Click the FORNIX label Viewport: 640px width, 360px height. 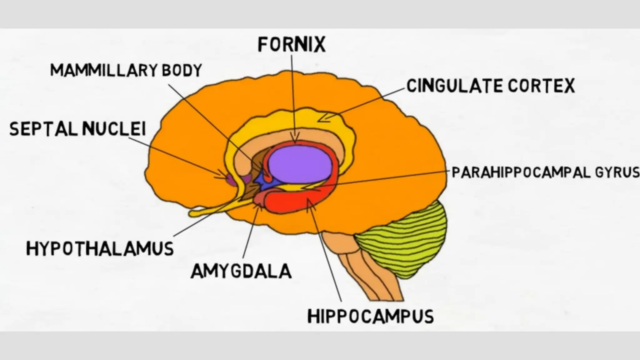[x=292, y=45]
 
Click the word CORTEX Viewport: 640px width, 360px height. [x=542, y=86]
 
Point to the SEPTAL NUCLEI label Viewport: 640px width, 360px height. [x=77, y=129]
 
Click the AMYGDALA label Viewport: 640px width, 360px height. [x=241, y=271]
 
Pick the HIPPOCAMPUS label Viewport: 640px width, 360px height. [x=371, y=316]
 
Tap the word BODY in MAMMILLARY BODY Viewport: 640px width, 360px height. [x=182, y=70]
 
